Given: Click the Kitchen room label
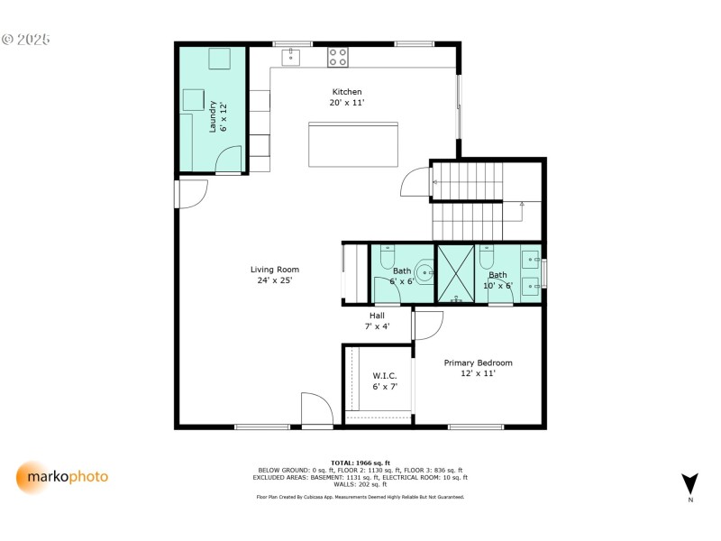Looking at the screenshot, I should [x=347, y=92].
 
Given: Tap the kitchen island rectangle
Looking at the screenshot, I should [x=353, y=144].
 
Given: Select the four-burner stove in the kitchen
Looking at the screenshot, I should [x=338, y=58].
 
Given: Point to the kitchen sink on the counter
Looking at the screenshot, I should [x=290, y=58].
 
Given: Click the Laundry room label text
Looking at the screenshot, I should [x=214, y=117].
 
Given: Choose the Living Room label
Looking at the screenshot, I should [x=275, y=270].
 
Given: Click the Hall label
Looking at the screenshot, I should [x=377, y=316].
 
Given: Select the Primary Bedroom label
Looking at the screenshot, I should [x=478, y=363].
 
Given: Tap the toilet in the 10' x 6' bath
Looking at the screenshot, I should [x=488, y=257].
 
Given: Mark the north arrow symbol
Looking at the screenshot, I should [x=689, y=484].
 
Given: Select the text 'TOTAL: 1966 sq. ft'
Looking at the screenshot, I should [x=360, y=463].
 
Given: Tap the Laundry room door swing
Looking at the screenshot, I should [x=230, y=160].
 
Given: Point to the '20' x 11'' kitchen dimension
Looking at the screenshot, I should [x=347, y=103].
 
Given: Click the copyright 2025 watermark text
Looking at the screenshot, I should [x=26, y=40].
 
